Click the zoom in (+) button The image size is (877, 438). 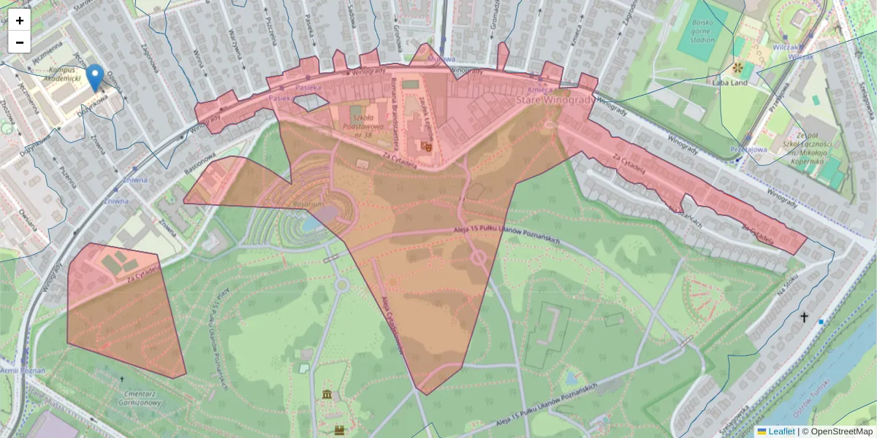coord(20,20)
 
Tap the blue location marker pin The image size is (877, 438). coord(94,77)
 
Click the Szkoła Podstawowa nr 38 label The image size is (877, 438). coord(364,122)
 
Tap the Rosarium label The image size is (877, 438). coord(307,206)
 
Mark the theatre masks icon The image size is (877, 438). coord(427,145)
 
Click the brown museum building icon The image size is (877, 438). coord(326,395)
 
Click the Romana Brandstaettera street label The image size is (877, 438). coord(395,101)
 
